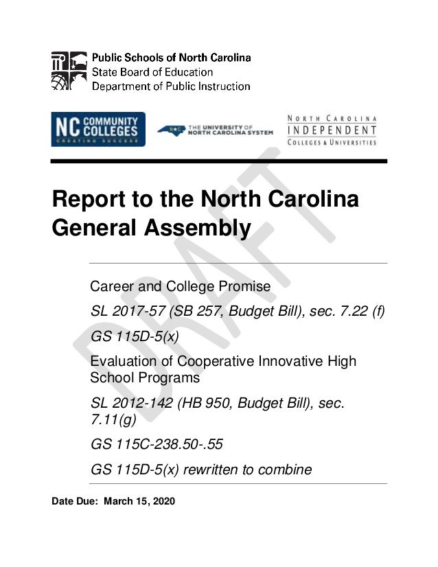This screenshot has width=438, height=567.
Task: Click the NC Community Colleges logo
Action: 97,129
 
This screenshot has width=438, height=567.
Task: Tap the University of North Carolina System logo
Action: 215,130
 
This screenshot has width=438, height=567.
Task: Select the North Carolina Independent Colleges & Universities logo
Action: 332,129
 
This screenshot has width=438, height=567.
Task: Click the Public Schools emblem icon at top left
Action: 69,71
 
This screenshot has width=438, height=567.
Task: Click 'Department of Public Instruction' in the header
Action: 171,86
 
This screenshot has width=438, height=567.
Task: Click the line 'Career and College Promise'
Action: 181,285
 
